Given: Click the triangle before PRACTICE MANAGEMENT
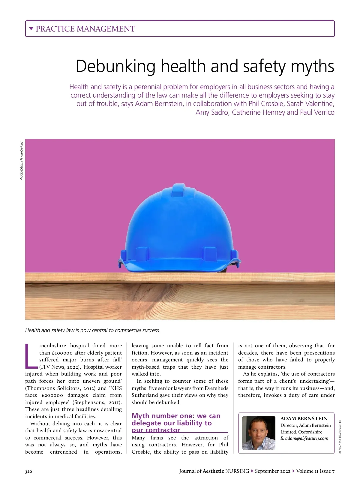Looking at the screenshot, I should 31,29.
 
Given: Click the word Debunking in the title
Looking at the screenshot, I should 115,66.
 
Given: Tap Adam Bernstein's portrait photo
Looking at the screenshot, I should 258,433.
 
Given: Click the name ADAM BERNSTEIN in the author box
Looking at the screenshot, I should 304,418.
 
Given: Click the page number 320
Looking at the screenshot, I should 28,472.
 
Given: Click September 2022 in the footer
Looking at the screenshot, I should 272,471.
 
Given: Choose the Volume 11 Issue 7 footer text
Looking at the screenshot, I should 315,471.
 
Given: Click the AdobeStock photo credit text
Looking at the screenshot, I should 21,161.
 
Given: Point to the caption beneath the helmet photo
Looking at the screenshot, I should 92,330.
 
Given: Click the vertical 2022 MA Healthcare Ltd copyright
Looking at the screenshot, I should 340,437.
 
